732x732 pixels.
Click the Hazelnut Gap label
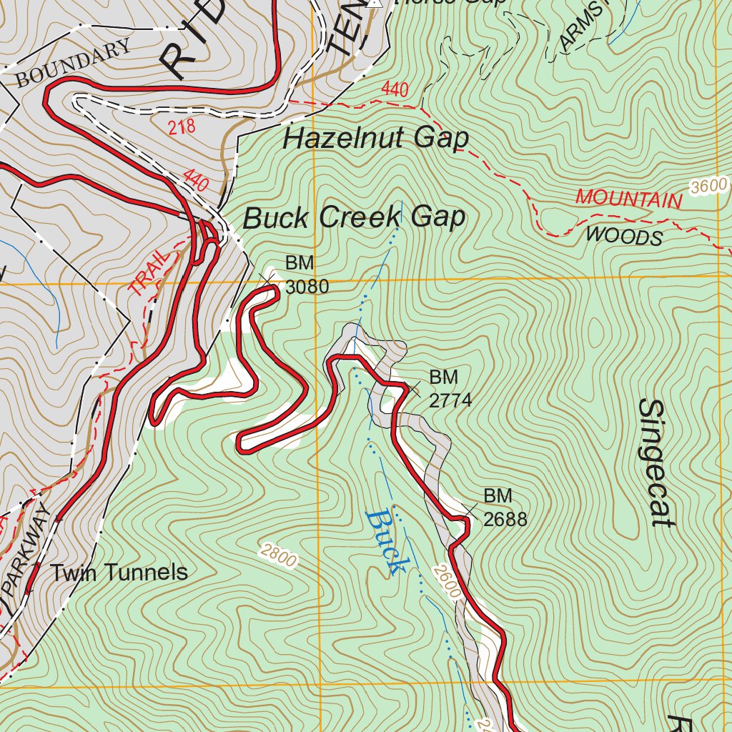coord(376,138)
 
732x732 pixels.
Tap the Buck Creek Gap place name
coord(354,217)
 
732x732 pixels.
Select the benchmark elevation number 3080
coord(307,287)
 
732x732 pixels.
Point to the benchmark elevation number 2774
coord(450,400)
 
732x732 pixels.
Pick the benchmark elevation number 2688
coord(505,519)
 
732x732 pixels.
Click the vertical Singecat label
coord(653,463)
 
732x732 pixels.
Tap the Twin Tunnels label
coord(119,573)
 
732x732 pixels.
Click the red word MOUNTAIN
coord(629,199)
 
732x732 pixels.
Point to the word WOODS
coord(624,235)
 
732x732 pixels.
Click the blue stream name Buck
coord(385,541)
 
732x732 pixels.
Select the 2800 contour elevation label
coord(278,555)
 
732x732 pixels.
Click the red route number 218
coord(182,128)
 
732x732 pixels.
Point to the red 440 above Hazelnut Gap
coord(395,90)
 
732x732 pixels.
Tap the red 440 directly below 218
coord(196,180)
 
